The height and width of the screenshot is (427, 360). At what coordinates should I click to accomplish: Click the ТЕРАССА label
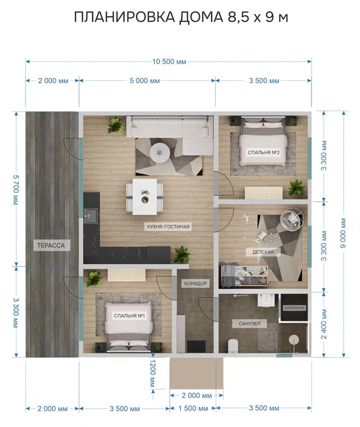coord(51,245)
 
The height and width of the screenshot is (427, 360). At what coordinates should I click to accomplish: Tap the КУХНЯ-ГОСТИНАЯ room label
coord(168,226)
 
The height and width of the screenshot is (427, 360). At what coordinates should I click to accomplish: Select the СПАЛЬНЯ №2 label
coord(264,152)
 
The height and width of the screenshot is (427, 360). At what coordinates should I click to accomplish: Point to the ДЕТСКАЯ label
coord(263,252)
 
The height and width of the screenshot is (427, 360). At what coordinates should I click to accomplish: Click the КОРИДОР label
coord(196,283)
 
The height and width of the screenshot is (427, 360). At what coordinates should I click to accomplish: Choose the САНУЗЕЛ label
coord(249,324)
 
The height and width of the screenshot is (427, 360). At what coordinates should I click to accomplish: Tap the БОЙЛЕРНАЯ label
coord(294,308)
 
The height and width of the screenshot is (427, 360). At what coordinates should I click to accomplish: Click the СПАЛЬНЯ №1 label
coord(129,315)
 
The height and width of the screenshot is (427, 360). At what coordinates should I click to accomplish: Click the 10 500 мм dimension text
coord(169,61)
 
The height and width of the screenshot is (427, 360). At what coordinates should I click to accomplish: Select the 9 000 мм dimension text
coord(343,233)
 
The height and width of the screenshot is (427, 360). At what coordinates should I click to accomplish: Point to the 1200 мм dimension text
coord(153,373)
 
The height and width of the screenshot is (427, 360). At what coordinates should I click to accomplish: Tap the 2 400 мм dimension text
coord(324,324)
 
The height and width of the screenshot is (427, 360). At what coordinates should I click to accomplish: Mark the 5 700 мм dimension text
coord(16,190)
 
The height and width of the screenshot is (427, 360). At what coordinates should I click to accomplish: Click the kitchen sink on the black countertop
coord(91,216)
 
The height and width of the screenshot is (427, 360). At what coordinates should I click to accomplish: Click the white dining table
coord(145,197)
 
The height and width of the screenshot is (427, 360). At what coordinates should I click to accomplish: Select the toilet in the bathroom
coord(233,345)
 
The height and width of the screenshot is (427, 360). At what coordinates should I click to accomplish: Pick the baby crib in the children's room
coord(244,275)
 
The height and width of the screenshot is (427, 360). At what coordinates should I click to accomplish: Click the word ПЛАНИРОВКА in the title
coord(125,17)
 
